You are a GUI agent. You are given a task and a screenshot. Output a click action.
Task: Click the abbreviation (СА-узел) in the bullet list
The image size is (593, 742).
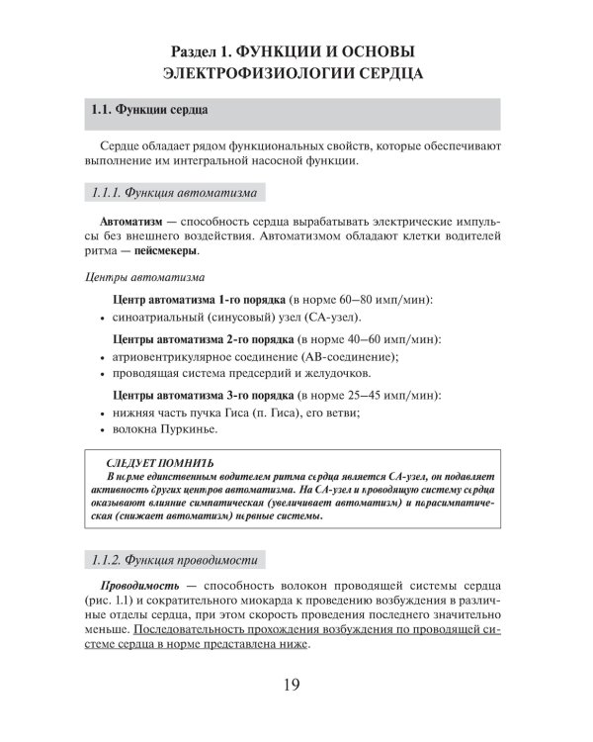click(x=328, y=318)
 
